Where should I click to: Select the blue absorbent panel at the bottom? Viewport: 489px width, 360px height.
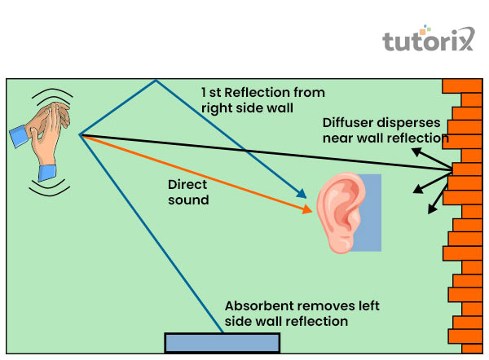pos(222,342)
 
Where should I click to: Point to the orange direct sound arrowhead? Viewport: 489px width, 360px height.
pos(309,211)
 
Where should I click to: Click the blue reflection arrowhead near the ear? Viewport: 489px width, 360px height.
pos(302,195)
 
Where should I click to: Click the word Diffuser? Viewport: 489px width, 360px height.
pos(348,122)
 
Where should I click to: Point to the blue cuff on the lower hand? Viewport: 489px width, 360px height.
pos(47,173)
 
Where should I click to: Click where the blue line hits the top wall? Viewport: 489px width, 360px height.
pos(155,80)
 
